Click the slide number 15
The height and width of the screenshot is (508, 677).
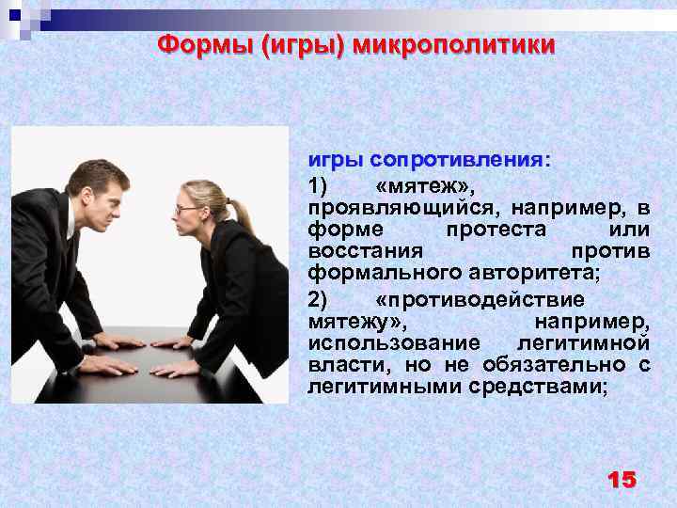[x=622, y=480]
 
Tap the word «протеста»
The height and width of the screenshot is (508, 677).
[x=487, y=229]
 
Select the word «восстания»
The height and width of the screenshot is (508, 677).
[x=366, y=251]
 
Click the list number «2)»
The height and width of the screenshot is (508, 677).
[x=318, y=299]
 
